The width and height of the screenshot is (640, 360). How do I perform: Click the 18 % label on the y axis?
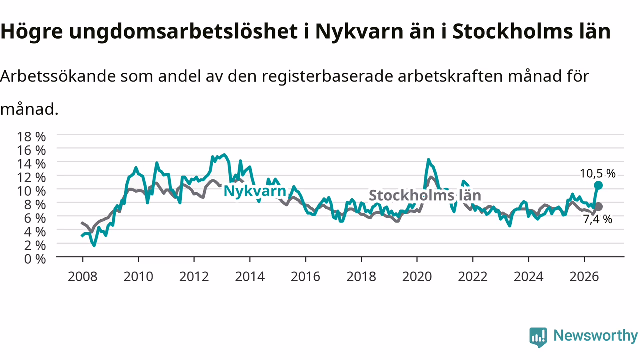(x=31, y=137)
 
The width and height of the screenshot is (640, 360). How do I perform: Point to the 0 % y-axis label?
(x=35, y=259)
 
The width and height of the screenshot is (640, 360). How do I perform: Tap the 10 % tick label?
(x=31, y=191)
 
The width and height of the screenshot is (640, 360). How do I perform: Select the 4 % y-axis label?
(x=35, y=232)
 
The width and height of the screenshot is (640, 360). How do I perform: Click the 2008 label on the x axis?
(x=83, y=277)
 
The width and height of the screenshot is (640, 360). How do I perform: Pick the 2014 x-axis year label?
(x=250, y=277)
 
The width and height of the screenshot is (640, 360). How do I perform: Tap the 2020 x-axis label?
(x=417, y=277)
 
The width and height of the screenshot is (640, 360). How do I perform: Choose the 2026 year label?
(x=584, y=277)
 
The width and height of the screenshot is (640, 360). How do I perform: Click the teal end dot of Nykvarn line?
(x=598, y=185)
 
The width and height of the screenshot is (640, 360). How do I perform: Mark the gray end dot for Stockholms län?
(x=599, y=207)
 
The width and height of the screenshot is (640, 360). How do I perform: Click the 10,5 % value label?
(x=597, y=173)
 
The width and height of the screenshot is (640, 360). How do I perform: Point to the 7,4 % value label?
(x=597, y=219)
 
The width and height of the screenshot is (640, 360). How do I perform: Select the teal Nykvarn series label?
(x=255, y=191)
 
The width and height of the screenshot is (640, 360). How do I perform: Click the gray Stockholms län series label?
(x=425, y=195)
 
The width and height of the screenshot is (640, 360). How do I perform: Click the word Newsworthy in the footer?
(x=595, y=335)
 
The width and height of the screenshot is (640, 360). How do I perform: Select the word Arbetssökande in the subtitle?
(x=58, y=76)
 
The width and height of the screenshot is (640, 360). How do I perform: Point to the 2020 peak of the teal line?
(x=428, y=159)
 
